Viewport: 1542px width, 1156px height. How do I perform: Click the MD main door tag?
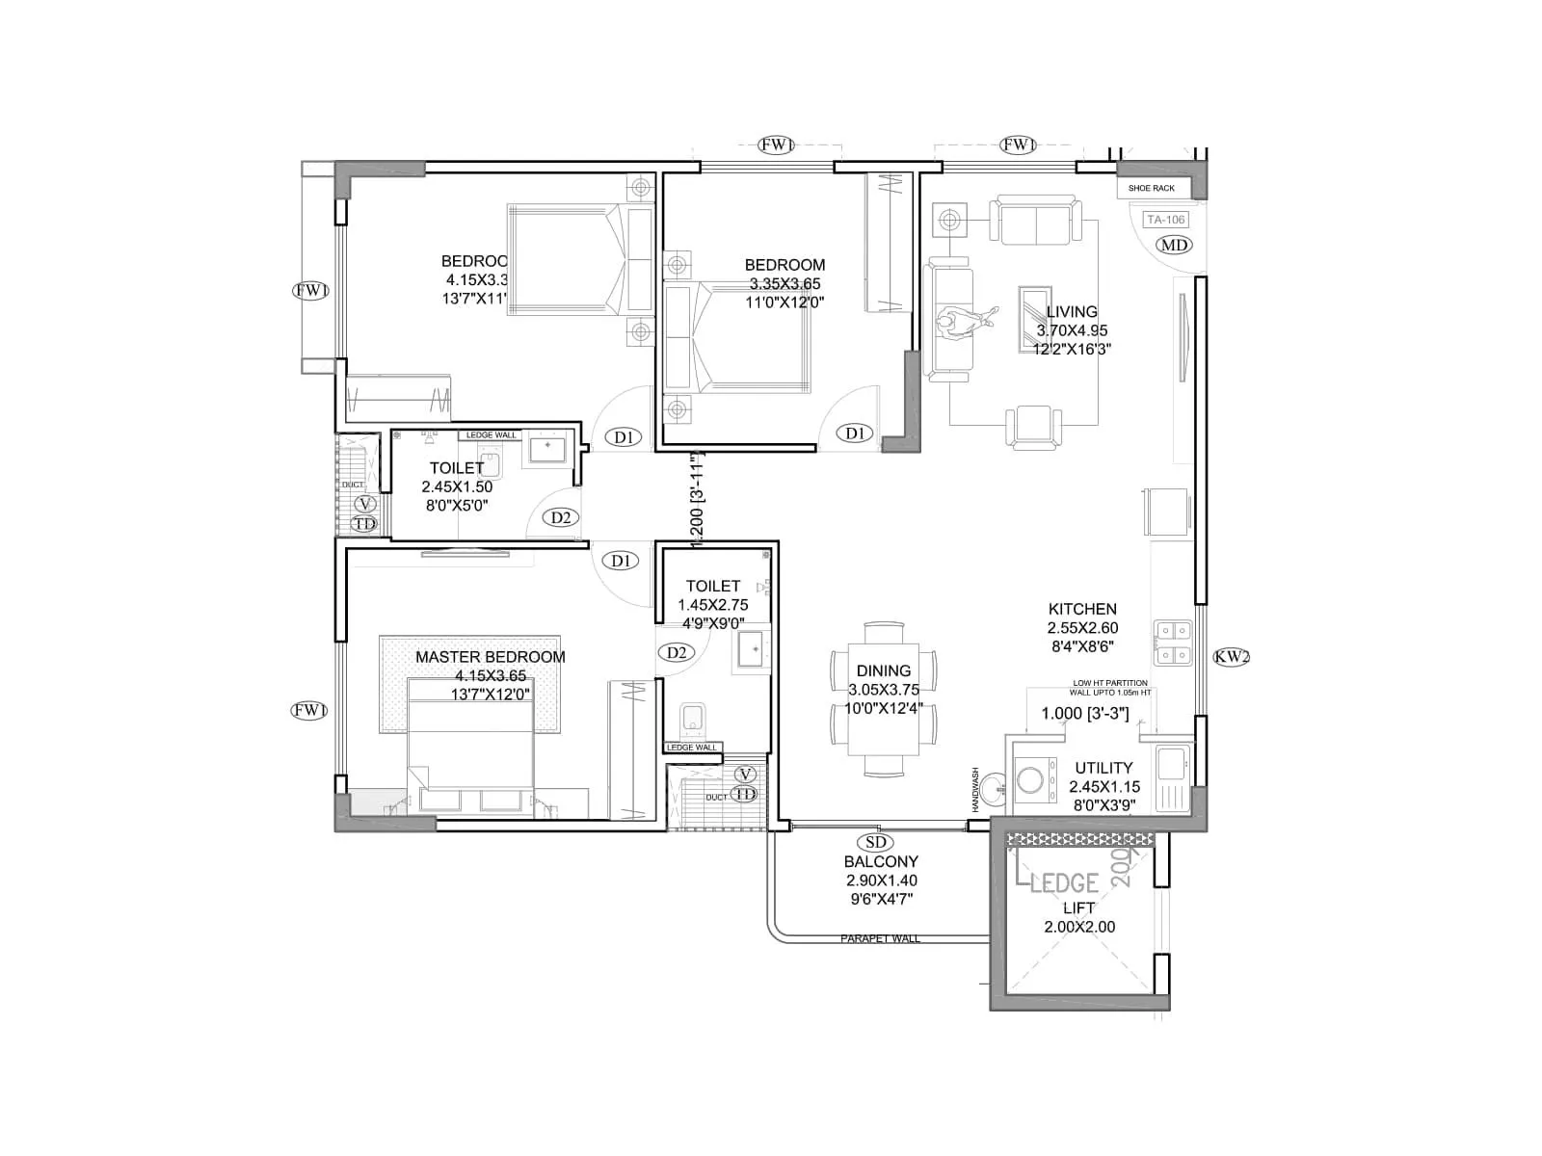pos(1174,245)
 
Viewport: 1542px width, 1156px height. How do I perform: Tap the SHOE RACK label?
pos(1151,188)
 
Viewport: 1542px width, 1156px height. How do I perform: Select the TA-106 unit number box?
pos(1165,220)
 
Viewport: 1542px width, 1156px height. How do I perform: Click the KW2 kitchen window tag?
pos(1231,657)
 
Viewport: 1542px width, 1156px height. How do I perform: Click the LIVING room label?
pos(1072,312)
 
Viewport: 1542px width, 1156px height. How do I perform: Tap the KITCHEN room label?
pos(1082,609)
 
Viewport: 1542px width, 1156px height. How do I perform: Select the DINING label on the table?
pos(883,670)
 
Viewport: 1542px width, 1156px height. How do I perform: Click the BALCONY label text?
pos(881,861)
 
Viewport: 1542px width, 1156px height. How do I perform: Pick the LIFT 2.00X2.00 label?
pos(1078,917)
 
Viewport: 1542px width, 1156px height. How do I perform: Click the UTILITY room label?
pos(1103,768)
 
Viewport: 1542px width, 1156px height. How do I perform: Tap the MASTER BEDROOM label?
pos(490,657)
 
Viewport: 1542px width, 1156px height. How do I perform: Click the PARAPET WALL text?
pos(880,938)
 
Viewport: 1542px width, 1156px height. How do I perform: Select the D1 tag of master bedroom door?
pos(620,561)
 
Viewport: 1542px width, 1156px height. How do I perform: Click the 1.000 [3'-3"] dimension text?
pos(1084,714)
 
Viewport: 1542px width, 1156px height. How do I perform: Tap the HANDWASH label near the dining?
pos(975,788)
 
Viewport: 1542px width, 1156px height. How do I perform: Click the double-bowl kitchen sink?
pos(1173,644)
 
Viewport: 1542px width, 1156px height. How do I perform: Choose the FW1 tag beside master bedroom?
pos(309,711)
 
